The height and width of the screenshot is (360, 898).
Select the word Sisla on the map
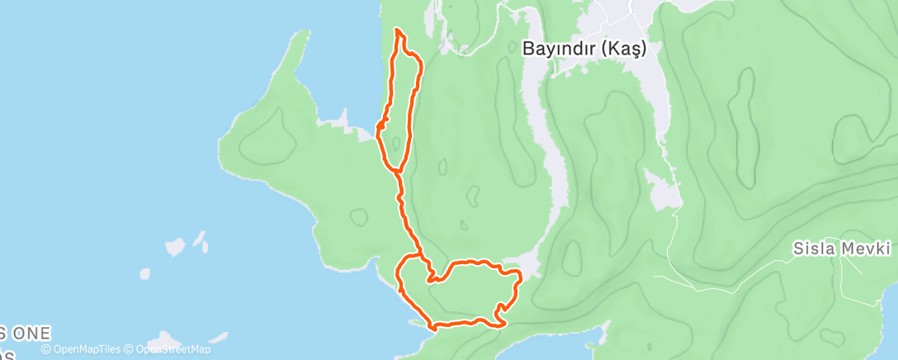(816, 248)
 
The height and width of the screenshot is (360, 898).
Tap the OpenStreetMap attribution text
(171, 349)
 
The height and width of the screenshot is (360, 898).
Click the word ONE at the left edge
(31, 334)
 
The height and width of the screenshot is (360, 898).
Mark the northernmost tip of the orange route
(399, 30)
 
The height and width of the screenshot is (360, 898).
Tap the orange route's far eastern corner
(519, 272)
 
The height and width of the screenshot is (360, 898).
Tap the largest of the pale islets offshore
(175, 246)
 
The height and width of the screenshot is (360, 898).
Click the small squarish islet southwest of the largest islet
(145, 273)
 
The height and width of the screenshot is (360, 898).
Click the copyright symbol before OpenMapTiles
(46, 349)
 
